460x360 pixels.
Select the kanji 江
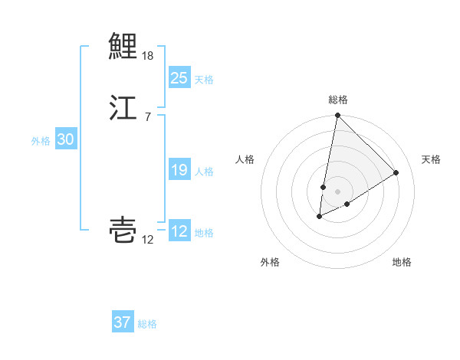pos(123,107)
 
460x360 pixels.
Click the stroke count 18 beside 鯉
pos(148,56)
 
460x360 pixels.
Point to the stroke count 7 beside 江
pos(147,116)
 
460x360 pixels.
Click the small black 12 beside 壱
pos(148,241)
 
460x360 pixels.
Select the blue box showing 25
pos(179,78)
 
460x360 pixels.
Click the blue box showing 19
pos(179,170)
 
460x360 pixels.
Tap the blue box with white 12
pos(179,231)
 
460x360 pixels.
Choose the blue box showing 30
pos(65,139)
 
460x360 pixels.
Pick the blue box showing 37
pos(122,322)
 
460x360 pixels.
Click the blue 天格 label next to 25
pos(204,80)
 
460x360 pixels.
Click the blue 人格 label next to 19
pos(204,172)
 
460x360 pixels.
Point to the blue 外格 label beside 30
pos(41,141)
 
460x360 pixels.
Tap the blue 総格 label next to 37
pos(147,324)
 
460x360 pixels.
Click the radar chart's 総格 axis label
pos(338,100)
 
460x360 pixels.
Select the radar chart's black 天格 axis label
pos(431,159)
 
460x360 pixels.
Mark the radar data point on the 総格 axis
pos(337,116)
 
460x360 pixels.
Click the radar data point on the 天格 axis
pos(396,172)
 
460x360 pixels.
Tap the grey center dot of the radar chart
pos(337,191)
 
